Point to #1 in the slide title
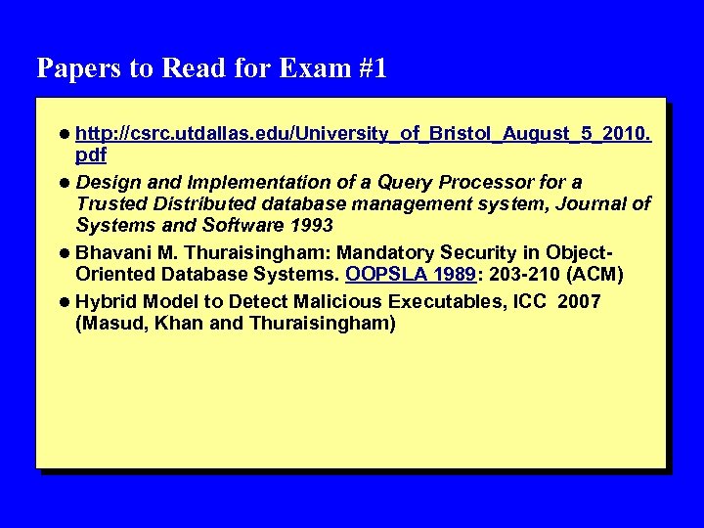tap(369, 68)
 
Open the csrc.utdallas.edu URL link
tap(363, 132)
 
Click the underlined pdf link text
tap(91, 154)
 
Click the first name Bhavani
tap(114, 253)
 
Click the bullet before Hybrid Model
tap(64, 300)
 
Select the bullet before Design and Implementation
tap(64, 183)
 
